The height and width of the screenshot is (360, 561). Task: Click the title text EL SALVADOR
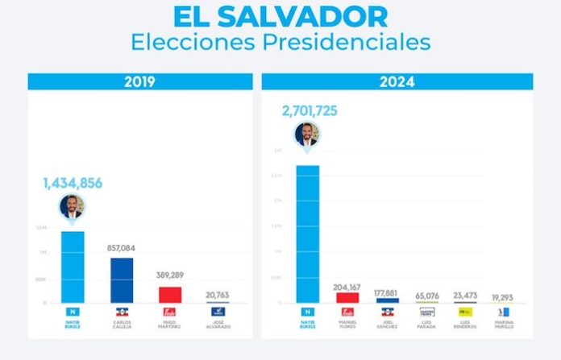click(280, 16)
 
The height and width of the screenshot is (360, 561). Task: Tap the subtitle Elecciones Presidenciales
click(280, 42)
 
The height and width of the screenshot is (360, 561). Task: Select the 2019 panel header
click(141, 81)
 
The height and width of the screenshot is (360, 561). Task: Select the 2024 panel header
click(397, 81)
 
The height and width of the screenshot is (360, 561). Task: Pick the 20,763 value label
click(218, 295)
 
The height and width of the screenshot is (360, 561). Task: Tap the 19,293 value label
click(508, 296)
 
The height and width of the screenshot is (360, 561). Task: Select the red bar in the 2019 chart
click(170, 294)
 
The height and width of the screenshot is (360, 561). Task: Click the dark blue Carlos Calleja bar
click(122, 280)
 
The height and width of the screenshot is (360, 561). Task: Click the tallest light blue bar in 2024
click(307, 234)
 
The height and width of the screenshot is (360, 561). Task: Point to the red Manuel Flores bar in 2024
click(347, 297)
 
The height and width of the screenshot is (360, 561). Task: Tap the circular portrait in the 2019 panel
click(73, 208)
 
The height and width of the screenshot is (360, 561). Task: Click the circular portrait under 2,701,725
click(307, 134)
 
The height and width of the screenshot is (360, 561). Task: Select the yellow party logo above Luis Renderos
click(466, 311)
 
